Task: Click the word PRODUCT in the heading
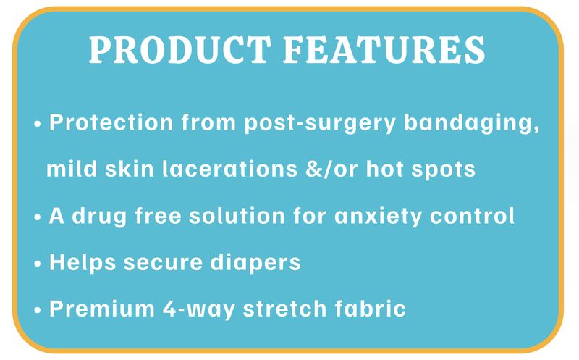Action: point(180,49)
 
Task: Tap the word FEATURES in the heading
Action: point(384,49)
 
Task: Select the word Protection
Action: point(111,122)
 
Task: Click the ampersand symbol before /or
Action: point(313,169)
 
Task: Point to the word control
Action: point(473,215)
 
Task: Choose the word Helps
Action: point(83,263)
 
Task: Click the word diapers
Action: point(255,263)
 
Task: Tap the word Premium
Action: point(102,309)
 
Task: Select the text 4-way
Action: point(198,310)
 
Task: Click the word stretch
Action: point(284,309)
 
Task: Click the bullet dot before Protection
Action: point(38,124)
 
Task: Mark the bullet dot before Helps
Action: point(38,264)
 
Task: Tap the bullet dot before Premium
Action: point(38,310)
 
